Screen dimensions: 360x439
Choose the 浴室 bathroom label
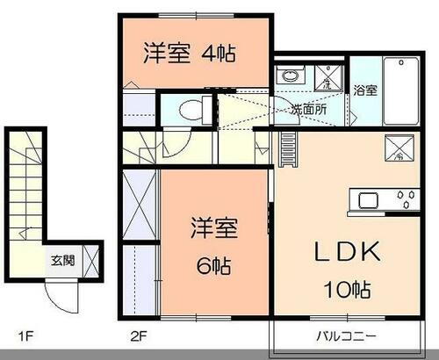[364, 89]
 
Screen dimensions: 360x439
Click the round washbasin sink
[288, 76]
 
